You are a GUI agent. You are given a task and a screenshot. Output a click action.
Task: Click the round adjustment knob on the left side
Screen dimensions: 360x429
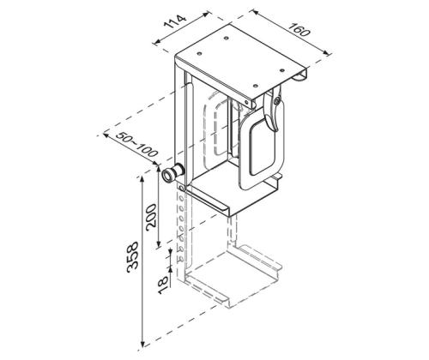[x=171, y=174]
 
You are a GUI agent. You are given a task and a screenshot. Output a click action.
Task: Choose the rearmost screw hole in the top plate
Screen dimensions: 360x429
[x=227, y=37]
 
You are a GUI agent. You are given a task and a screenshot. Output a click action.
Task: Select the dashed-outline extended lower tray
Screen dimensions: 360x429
[x=232, y=279]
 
